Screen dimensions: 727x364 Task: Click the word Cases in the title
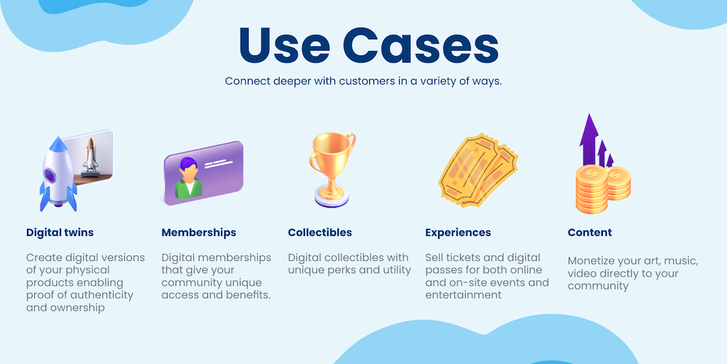tap(421, 46)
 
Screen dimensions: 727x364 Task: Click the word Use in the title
tap(284, 46)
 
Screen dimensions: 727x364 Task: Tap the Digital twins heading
tap(60, 232)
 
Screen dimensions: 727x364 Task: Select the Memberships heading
tap(199, 232)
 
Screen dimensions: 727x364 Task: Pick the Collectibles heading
tap(319, 232)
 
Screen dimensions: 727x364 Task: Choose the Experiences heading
tap(458, 232)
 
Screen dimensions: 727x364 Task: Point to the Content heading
tap(590, 232)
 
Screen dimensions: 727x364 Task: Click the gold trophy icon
tap(332, 170)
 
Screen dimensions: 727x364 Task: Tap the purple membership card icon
tap(204, 173)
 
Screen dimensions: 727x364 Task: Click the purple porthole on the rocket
tap(50, 175)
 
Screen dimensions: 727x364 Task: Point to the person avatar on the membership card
tap(188, 178)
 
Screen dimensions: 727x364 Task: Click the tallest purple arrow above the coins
tap(589, 139)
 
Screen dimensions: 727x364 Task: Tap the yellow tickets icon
tap(478, 169)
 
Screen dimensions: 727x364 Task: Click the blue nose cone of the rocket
tap(57, 144)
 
